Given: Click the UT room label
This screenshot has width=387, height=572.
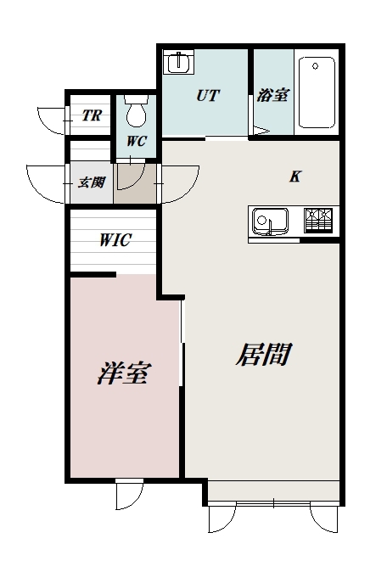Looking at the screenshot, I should point(207,96).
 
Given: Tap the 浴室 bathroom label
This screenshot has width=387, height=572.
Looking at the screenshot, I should point(272,96).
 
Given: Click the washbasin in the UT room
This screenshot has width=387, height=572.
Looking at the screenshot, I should point(179,64).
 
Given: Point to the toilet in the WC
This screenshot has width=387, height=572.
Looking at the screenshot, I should point(136,111).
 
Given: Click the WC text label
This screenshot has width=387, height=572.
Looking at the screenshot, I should point(137,141).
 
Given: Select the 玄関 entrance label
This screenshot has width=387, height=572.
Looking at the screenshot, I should point(92,182).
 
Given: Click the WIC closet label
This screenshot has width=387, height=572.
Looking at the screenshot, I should point(115,240).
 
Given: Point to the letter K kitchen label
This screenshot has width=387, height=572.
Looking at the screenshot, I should point(295,177).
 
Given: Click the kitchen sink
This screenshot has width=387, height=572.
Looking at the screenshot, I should point(270,222).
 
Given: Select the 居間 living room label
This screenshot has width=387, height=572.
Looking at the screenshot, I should point(262,354).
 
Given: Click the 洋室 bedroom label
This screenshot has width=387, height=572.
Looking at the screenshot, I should point(122,373).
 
